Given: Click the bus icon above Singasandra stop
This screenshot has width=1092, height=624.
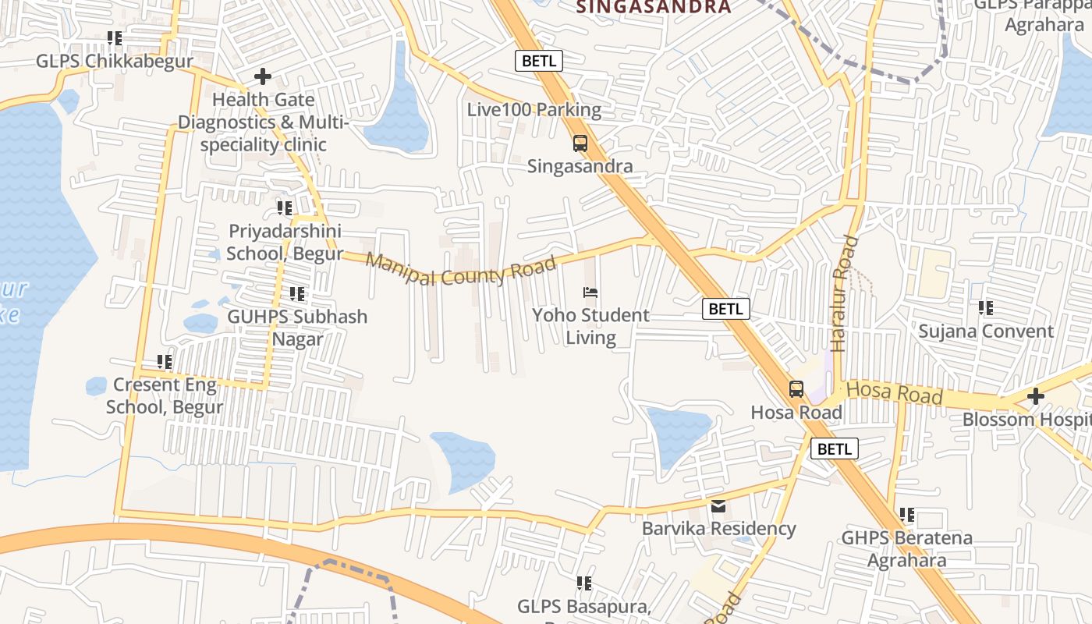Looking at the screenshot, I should click(580, 144).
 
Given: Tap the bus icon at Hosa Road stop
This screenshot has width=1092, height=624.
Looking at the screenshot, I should click(796, 389).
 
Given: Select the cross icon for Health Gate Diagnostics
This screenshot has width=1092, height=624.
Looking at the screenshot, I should click(263, 76).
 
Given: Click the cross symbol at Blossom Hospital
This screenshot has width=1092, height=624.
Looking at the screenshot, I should click(1035, 396).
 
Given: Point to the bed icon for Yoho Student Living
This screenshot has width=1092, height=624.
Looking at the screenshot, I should click(590, 292).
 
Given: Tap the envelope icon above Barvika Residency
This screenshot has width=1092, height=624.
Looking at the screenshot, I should click(718, 506).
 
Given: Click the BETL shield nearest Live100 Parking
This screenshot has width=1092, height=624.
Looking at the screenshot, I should click(538, 61).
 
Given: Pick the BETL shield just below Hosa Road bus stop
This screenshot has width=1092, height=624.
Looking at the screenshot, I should click(834, 449).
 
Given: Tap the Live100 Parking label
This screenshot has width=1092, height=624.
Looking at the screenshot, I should click(534, 110).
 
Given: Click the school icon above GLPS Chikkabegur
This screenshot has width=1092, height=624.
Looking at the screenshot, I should click(115, 38).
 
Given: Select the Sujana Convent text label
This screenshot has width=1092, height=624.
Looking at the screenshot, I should click(985, 331).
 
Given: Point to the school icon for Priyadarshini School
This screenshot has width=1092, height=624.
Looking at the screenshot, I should click(285, 208).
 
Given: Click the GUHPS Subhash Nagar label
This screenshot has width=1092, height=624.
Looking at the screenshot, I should click(297, 328).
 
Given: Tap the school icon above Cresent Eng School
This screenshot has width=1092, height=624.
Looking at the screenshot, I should click(165, 362).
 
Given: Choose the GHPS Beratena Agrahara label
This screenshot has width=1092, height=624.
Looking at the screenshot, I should click(906, 549).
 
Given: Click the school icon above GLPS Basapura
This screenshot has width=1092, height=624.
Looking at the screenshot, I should click(583, 583).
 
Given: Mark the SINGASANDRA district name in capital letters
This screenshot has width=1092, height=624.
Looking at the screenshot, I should click(654, 8).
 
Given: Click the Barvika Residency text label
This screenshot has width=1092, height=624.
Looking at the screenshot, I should click(718, 529).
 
